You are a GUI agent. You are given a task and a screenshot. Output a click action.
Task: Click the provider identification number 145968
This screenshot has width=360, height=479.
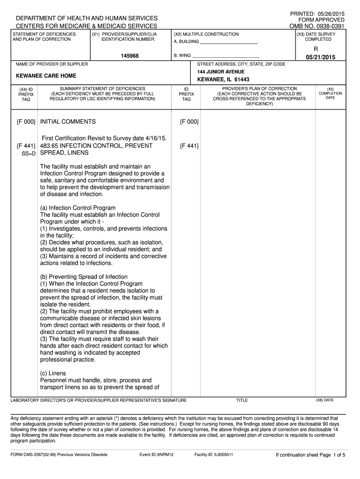pyautogui.click(x=129, y=56)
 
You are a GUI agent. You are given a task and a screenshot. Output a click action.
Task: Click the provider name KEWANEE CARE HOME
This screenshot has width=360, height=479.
pyautogui.click(x=46, y=76)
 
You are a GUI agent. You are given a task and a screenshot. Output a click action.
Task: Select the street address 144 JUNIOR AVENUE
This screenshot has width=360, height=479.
pyautogui.click(x=221, y=72)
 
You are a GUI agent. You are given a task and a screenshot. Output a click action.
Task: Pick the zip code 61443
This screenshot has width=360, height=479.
pyautogui.click(x=240, y=80)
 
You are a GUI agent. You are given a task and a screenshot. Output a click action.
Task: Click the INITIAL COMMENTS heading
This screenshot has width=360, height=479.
pyautogui.click(x=68, y=122)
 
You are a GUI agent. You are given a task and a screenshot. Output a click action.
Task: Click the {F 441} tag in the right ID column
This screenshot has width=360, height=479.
pyautogui.click(x=189, y=146)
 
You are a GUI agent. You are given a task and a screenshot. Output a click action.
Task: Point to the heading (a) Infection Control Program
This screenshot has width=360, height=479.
pyautogui.click(x=78, y=208)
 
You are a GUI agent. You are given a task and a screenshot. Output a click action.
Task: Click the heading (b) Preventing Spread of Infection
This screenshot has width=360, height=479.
pyautogui.click(x=84, y=277)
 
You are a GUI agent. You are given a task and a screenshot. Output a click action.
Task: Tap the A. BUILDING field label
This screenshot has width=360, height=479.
pyautogui.click(x=187, y=42)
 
